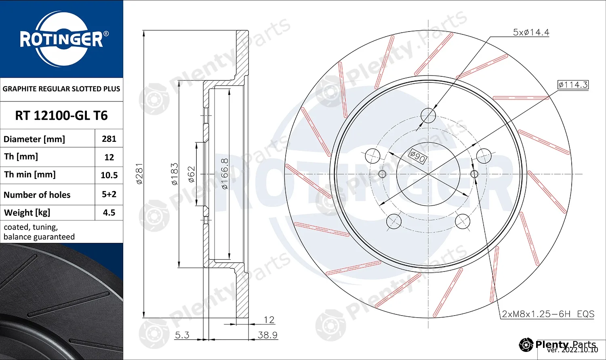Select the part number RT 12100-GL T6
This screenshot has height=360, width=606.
[61, 116]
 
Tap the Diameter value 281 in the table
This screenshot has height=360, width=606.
[109, 139]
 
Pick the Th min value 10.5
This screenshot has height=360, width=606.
[109, 175]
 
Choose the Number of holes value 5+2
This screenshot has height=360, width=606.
[109, 194]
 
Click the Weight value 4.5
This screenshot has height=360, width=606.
[109, 213]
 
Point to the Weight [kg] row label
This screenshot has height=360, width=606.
[27, 213]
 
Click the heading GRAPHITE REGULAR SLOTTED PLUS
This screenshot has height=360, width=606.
[61, 89]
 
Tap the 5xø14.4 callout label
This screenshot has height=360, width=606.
[531, 32]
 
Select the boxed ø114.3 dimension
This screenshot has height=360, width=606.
[573, 85]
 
